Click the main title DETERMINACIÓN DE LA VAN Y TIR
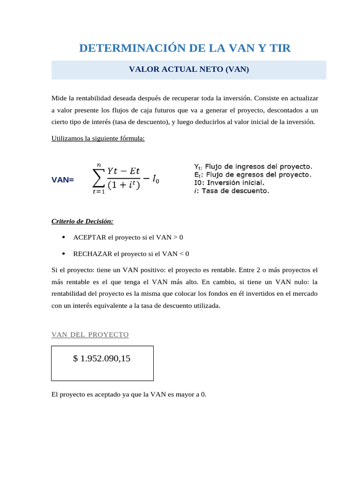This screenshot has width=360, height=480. tap(185, 48)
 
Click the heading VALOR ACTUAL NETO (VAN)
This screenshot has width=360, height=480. tap(189, 69)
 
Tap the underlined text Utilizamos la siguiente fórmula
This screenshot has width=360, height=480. tap(98, 138)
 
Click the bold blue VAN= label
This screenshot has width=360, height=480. tap(62, 180)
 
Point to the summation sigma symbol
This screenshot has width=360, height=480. tap(98, 178)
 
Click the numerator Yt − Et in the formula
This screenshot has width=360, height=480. tap(123, 171)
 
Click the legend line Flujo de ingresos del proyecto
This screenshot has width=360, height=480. tap(253, 167)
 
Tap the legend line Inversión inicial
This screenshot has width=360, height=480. tap(229, 183)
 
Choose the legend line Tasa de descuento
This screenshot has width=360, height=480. tap(232, 191)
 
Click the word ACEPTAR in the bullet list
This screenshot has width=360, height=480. tap(90, 238)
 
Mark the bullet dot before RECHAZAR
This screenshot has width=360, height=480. tap(63, 254)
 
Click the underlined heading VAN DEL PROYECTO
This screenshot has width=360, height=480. tap(90, 335)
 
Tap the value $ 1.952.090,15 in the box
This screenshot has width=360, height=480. tap(102, 359)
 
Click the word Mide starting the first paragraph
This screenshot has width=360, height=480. tap(59, 98)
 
